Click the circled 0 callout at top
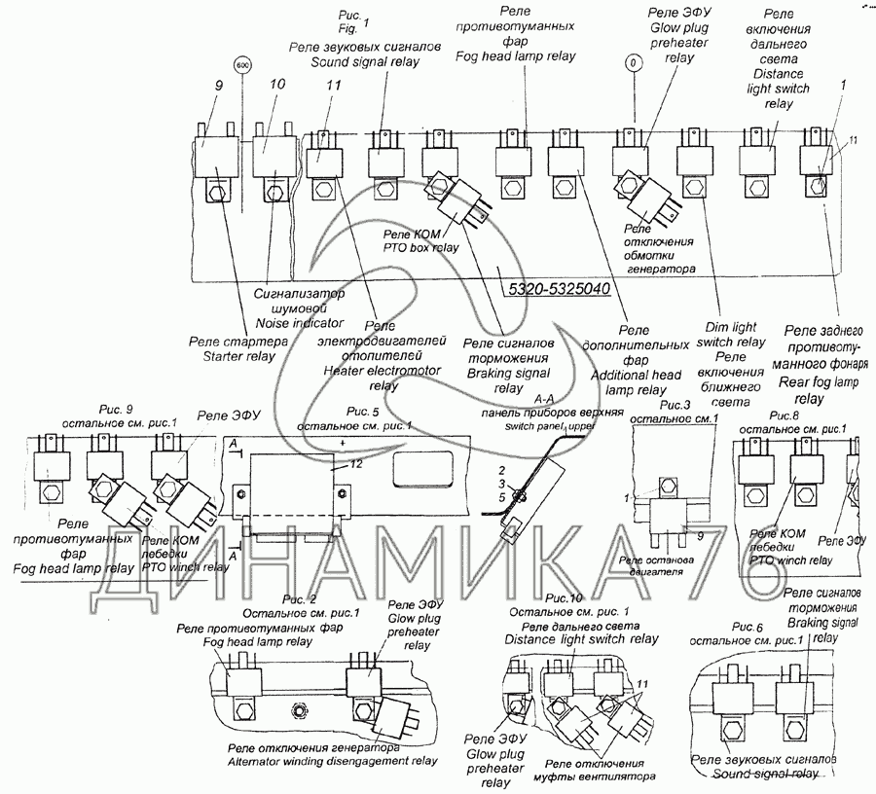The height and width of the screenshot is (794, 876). [634, 64]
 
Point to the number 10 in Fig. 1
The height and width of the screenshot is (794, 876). [276, 86]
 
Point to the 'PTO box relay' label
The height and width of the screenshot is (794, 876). [420, 248]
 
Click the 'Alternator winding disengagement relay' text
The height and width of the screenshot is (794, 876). [332, 761]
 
